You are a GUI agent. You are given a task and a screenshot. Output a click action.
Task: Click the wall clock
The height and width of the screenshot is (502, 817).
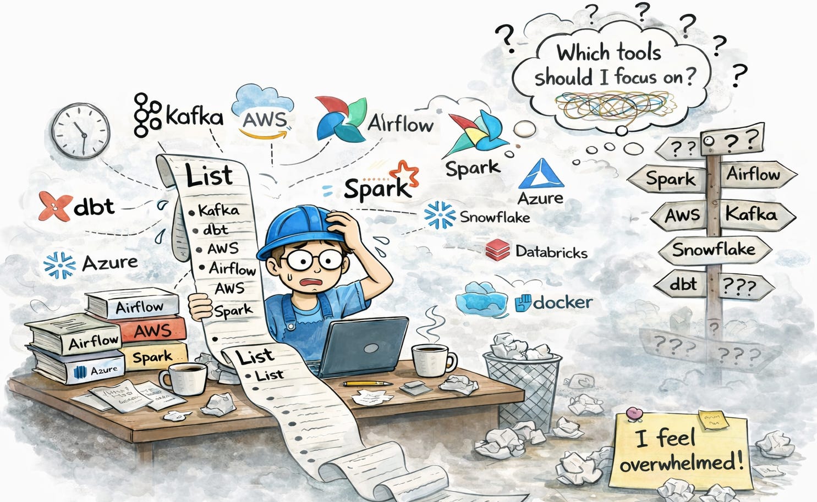[80, 130]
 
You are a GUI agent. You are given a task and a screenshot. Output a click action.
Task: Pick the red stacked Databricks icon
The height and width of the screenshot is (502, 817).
[497, 251]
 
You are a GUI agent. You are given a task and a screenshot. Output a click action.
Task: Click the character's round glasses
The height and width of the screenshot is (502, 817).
[306, 260]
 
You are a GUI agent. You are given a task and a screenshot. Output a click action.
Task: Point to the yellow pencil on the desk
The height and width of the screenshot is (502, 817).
[367, 383]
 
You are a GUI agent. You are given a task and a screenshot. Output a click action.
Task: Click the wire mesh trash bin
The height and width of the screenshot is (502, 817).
[522, 385]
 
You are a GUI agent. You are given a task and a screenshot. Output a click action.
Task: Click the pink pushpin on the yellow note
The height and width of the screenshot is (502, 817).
[634, 412]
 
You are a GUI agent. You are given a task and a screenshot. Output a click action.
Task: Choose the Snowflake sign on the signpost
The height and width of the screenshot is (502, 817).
[714, 250]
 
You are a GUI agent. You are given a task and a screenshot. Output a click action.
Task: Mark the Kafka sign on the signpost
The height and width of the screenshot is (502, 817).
[751, 213]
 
